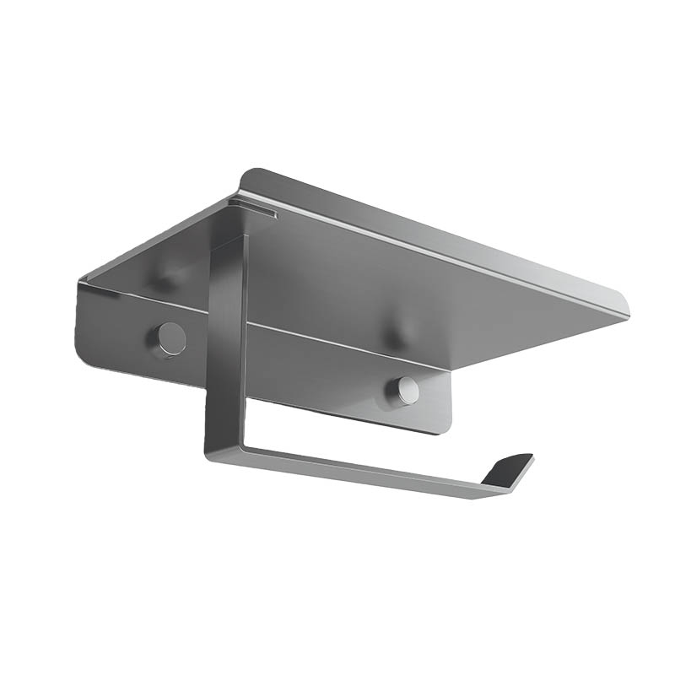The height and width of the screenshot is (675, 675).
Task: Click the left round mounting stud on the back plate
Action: tap(172, 338)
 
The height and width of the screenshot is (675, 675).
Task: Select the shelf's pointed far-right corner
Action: tap(626, 313)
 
